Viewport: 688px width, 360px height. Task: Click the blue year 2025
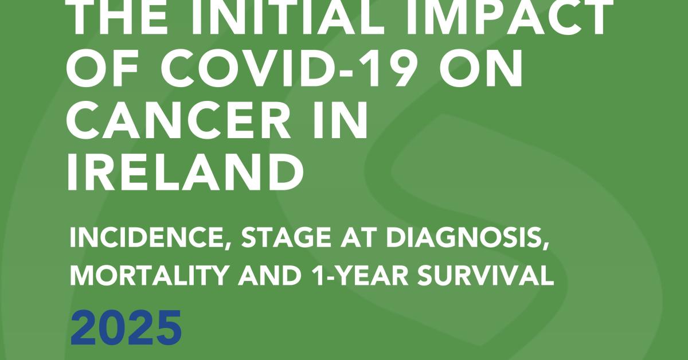(126, 328)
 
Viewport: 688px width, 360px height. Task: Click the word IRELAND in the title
(186, 172)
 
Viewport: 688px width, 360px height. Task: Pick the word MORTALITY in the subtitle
(148, 275)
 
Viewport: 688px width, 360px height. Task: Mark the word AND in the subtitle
(271, 275)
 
